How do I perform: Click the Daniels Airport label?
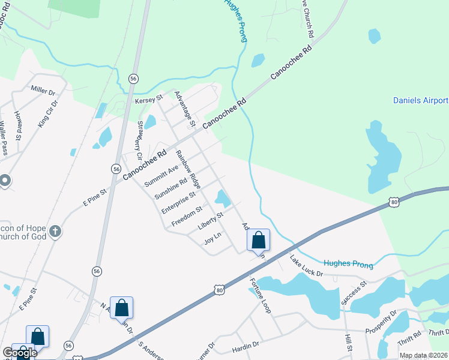point(420,100)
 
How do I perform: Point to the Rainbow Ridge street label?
point(188,167)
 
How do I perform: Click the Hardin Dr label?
point(246,344)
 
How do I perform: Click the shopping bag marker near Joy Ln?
point(258,240)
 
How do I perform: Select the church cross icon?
point(55,232)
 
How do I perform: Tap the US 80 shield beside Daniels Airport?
point(394,202)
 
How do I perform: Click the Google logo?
point(19,353)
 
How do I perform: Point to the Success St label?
point(354,293)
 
